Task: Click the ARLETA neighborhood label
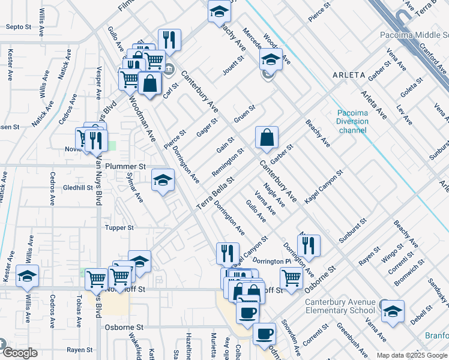tap(348, 75)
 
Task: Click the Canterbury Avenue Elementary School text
tap(340, 306)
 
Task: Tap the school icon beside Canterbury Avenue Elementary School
tap(393, 312)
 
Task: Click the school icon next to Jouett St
tap(271, 60)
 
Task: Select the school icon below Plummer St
tap(163, 181)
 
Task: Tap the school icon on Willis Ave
tap(27, 277)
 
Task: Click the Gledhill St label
tap(78, 188)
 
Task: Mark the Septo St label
tap(18, 27)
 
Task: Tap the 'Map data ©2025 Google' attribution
tap(412, 355)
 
